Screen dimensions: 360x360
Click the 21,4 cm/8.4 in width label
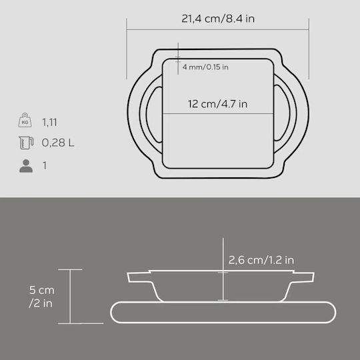pyautogui.click(x=218, y=19)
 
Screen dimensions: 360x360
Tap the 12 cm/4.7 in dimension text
pyautogui.click(x=217, y=104)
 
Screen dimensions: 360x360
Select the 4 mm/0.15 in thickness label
pyautogui.click(x=205, y=67)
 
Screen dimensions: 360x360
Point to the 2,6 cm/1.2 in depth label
pyautogui.click(x=261, y=260)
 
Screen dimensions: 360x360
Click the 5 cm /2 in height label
pyautogui.click(x=41, y=297)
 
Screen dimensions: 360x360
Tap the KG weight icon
pyautogui.click(x=25, y=120)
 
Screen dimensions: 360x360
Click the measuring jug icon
pyautogui.click(x=26, y=143)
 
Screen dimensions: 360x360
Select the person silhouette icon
pyautogui.click(x=26, y=166)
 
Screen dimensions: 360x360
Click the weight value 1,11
pyautogui.click(x=49, y=123)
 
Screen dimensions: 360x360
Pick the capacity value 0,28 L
pyautogui.click(x=58, y=143)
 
